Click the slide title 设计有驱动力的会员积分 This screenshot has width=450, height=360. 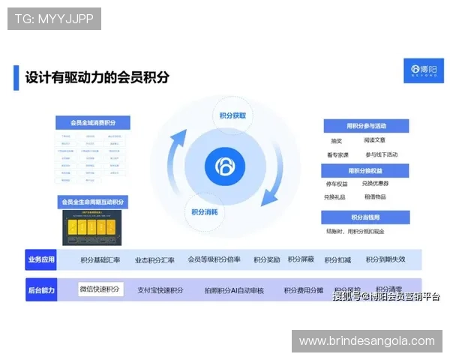pos(97,76)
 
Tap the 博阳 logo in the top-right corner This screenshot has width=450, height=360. pos(424,70)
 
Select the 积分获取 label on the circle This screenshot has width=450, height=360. pos(232,115)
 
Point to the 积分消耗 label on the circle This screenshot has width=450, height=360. pos(205,211)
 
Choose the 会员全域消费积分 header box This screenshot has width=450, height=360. pos(93,123)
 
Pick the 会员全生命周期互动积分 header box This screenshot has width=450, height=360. pos(93,202)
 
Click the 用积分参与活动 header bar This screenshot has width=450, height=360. pos(365,125)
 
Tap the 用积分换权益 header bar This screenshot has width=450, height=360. pos(365,171)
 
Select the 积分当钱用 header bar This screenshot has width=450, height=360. pos(365,217)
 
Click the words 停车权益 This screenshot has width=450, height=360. pos(337,184)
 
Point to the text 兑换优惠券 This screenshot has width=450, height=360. pos(375,184)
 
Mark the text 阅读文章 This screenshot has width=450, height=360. pos(375,140)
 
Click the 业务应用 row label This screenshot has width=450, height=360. pos(41,260)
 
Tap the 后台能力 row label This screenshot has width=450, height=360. pos(41,289)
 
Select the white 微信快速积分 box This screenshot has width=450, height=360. pos(100,289)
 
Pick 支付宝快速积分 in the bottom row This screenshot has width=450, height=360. pos(160,290)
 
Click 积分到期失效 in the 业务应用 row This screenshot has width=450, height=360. pos(385,260)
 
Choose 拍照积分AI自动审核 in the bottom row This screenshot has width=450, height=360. pos(234,290)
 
